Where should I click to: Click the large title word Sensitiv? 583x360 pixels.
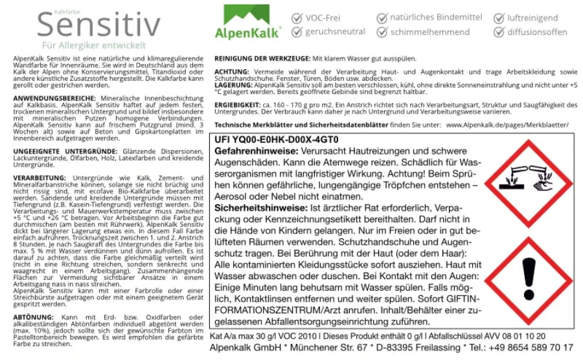tap(98, 26)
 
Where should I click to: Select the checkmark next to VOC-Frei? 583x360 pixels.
tap(297, 18)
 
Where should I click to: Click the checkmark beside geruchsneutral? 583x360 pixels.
tap(297, 32)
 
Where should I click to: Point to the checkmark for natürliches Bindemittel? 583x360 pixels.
tap(382, 18)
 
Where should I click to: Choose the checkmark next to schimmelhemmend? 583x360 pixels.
tap(382, 32)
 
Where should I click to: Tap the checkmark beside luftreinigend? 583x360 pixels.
tap(499, 18)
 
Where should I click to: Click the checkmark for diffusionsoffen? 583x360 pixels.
tap(499, 32)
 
